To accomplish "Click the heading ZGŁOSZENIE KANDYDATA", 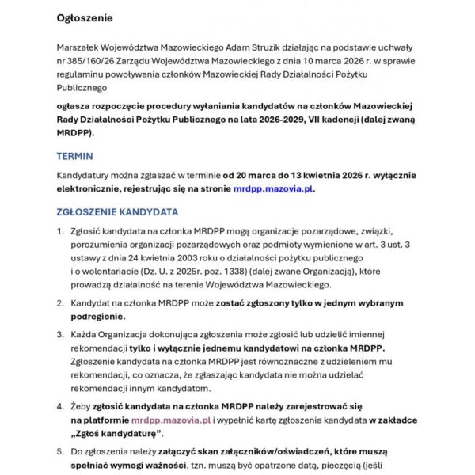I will click(x=117, y=212).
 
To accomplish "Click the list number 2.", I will click(x=60, y=303).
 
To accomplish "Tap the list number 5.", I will click(x=60, y=452).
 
